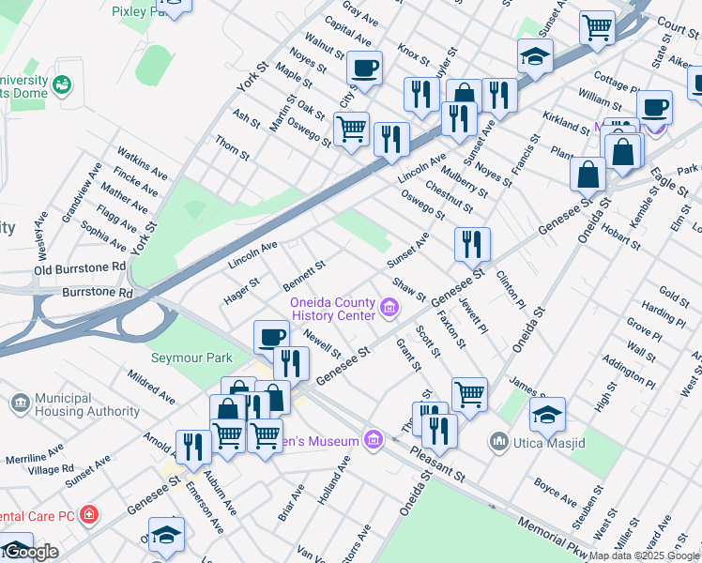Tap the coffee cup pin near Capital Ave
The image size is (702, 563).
point(364,68)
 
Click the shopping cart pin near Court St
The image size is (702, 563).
point(597,28)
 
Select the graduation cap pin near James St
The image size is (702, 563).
point(547,413)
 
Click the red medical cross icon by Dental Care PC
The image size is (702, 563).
point(89,514)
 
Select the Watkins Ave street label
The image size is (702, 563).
point(142,162)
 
